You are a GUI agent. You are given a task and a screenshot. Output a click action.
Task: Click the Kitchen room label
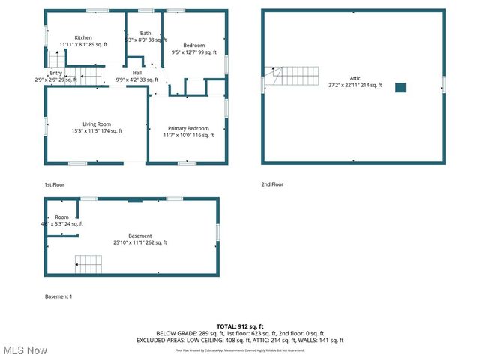pos(83,37)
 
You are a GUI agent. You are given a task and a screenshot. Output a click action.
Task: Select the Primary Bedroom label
pos(188,128)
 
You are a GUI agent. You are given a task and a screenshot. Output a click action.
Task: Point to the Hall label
pos(137,72)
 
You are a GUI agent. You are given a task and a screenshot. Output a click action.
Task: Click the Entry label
pos(46,73)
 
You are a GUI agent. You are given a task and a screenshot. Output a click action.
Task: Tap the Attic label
pos(355,78)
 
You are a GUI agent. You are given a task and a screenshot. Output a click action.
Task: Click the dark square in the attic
pos(400,87)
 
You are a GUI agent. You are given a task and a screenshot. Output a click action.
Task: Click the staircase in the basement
pos(88,264)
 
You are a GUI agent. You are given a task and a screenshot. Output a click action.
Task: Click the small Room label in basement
pos(61,217)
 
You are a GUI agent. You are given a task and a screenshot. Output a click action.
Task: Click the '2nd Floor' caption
pos(272,184)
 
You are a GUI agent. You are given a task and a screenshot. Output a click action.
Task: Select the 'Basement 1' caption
pos(58,297)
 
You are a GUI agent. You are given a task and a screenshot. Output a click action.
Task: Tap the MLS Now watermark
pos(25,350)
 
